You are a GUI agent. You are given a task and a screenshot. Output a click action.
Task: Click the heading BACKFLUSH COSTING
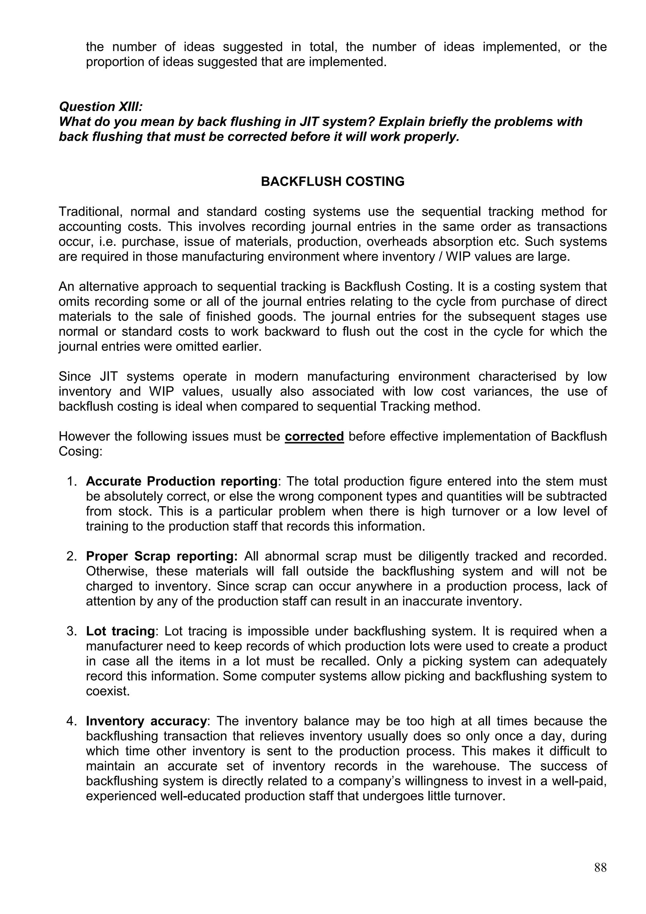pos(332,181)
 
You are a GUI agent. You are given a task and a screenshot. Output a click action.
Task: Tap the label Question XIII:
pos(101,107)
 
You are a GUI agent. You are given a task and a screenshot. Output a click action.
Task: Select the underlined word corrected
pos(314,436)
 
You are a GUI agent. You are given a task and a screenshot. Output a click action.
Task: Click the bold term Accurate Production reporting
pos(181,481)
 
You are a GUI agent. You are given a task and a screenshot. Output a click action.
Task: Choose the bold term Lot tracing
pos(120,631)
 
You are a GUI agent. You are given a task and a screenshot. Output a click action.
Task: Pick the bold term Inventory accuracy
pos(146,721)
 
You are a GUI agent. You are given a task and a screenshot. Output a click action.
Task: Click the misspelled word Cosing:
pos(81,451)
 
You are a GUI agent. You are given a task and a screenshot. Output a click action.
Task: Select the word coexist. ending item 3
pos(108,691)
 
